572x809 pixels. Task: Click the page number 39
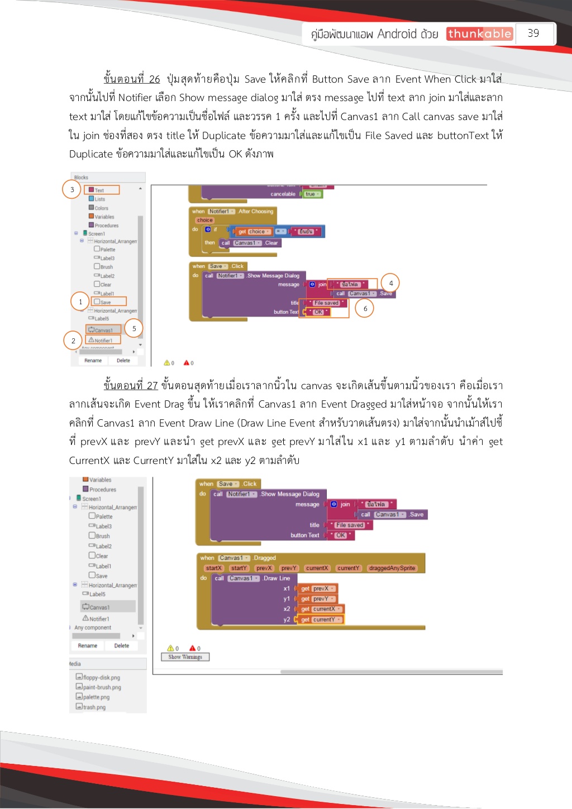(533, 33)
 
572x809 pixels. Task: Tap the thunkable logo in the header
(479, 34)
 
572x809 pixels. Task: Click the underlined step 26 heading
(132, 79)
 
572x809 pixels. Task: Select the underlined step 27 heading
(131, 386)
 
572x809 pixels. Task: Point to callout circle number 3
(72, 190)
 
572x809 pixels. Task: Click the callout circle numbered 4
(391, 284)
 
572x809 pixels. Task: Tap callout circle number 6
(365, 308)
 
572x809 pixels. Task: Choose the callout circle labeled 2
(73, 341)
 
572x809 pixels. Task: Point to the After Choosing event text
(256, 212)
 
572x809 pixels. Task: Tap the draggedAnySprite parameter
(392, 568)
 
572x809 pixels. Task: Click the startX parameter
(214, 568)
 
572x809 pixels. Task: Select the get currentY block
(320, 620)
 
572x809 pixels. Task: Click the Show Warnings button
(185, 657)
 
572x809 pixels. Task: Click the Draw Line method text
(277, 578)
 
